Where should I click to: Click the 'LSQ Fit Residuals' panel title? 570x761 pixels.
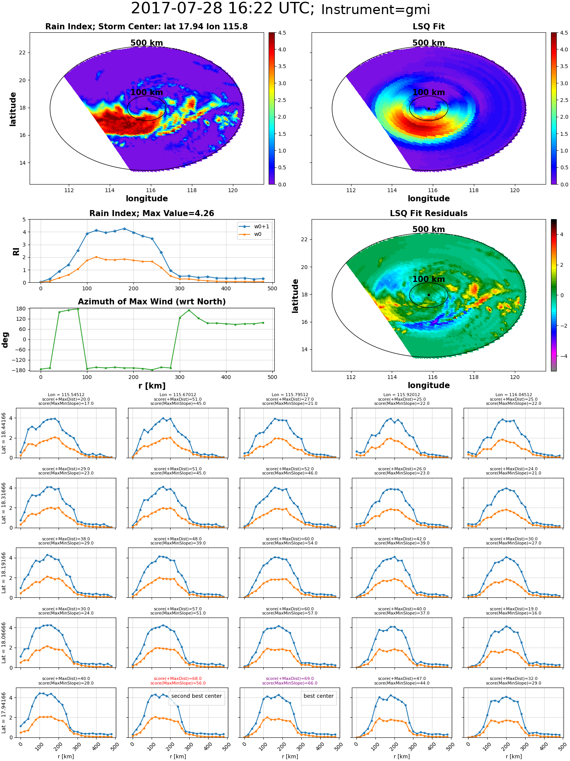click(429, 213)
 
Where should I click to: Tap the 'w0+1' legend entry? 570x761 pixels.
click(255, 226)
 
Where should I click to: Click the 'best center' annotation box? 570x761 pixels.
click(318, 696)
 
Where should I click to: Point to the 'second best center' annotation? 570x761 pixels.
click(196, 696)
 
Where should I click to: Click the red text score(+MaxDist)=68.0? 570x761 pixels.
click(178, 678)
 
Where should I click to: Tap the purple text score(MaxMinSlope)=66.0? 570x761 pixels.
click(290, 683)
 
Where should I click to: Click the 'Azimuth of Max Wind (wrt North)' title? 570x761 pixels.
click(152, 302)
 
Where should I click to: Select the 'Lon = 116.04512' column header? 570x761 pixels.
click(514, 395)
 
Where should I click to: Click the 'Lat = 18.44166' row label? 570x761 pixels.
click(4, 433)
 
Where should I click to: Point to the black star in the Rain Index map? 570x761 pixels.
click(147, 108)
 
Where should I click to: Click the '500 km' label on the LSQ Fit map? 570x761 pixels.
click(429, 43)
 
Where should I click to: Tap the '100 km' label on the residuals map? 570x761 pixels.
click(429, 279)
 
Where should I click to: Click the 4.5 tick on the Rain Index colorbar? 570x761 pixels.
click(282, 33)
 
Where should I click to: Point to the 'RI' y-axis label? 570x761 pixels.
click(16, 251)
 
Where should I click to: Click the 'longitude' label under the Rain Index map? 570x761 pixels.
click(147, 199)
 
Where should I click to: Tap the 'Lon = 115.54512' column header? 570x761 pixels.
click(66, 395)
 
